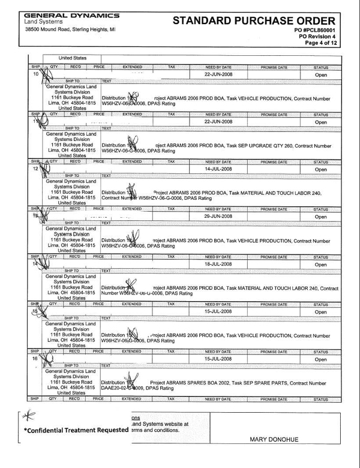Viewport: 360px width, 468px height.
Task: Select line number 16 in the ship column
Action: [35, 358]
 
